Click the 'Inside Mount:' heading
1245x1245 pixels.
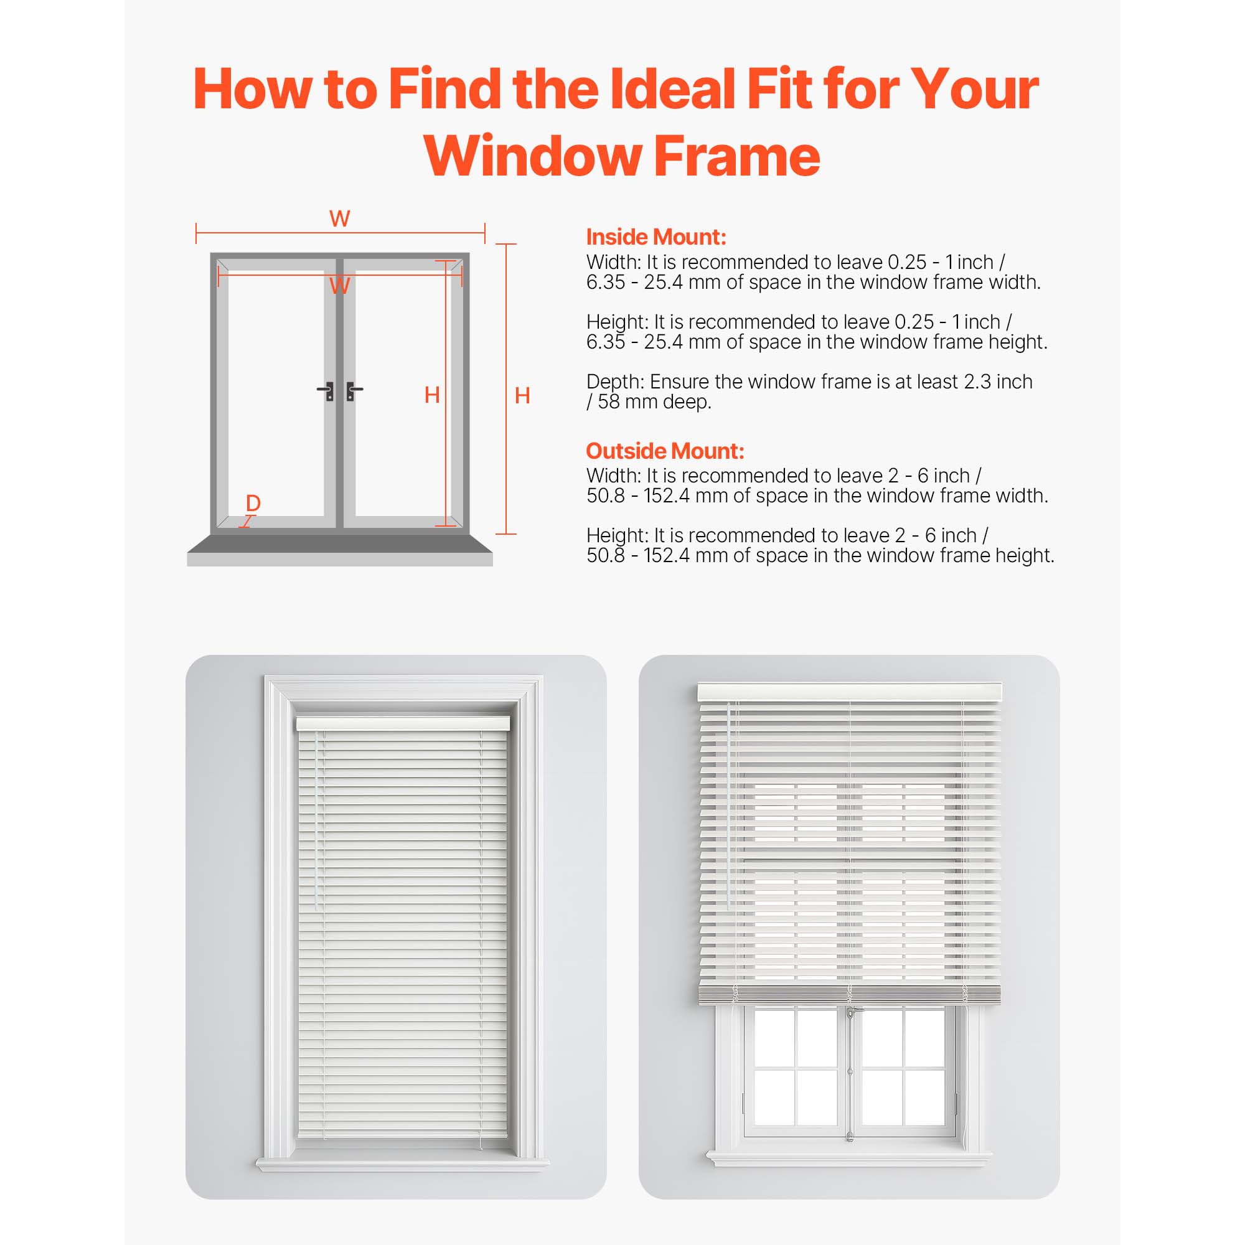(656, 237)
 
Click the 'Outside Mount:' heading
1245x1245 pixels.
(665, 451)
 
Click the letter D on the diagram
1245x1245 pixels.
(253, 503)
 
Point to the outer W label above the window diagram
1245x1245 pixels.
(340, 219)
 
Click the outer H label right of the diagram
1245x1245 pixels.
(523, 396)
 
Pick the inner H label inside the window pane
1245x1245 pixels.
(433, 395)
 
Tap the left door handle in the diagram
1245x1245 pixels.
(327, 391)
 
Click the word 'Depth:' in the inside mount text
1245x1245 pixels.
(615, 382)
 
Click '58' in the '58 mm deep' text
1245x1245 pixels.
(608, 402)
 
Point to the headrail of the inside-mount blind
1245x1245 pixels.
(403, 724)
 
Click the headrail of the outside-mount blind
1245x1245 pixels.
(849, 693)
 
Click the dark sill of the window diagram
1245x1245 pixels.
(340, 543)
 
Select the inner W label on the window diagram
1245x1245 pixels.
(340, 286)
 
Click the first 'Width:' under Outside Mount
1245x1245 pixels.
(614, 476)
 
